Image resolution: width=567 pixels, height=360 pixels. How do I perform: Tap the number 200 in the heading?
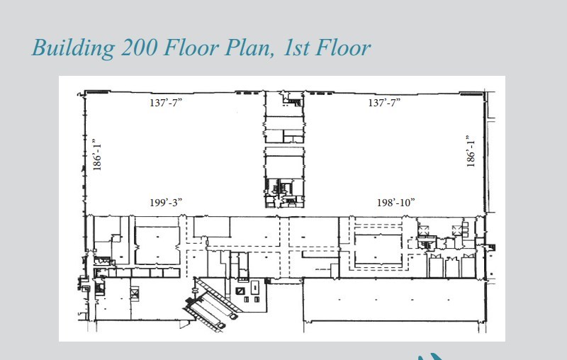point(139,47)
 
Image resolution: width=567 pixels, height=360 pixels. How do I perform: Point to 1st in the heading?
point(296,47)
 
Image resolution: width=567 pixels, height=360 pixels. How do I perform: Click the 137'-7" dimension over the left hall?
point(166,103)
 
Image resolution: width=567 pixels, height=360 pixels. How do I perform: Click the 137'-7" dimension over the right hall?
point(384,103)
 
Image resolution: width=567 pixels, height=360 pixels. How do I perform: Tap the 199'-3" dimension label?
point(166,203)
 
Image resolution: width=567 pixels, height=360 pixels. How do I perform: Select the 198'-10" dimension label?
point(396,203)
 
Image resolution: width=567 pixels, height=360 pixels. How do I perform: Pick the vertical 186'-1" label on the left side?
point(97,154)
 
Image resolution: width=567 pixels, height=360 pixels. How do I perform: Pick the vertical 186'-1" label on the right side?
point(471,152)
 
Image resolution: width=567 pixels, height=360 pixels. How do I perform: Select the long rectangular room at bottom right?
point(394,300)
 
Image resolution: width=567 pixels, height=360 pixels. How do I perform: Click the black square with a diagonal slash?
point(240,291)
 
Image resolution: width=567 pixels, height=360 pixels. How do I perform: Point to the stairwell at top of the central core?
point(293,99)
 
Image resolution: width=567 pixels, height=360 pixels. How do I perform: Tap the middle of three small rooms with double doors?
point(452,266)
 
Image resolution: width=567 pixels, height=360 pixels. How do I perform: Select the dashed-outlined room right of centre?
point(378,249)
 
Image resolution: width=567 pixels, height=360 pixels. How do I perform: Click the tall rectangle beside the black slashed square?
point(255,288)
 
